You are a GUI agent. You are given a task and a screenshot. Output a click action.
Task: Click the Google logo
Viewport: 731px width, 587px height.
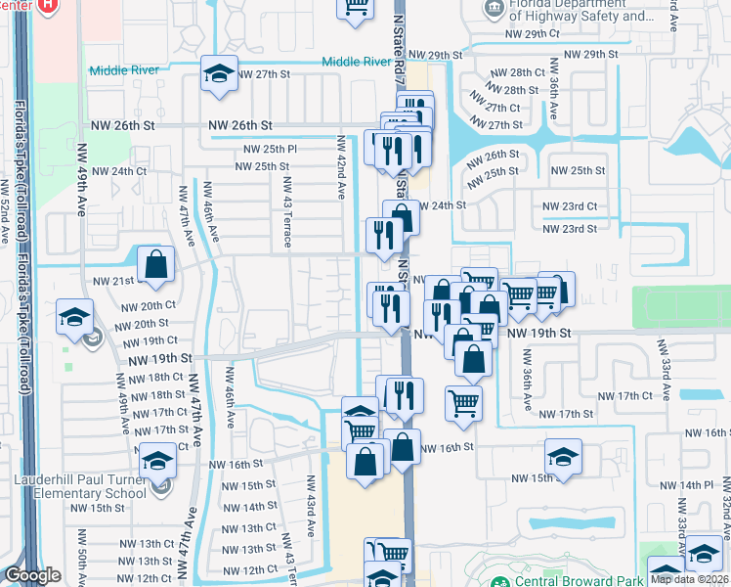[x=32, y=575]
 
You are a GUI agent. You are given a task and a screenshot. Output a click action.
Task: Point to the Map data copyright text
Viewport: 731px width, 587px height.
[x=690, y=579]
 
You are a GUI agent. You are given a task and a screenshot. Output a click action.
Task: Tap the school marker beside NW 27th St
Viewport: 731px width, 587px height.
[x=220, y=73]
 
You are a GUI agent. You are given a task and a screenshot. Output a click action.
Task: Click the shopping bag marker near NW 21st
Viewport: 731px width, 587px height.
[x=155, y=263]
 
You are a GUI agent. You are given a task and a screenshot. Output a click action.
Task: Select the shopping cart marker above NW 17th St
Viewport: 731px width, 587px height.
[x=463, y=401]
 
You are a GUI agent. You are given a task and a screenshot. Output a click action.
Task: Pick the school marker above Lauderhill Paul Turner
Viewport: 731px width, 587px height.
[x=157, y=460]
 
